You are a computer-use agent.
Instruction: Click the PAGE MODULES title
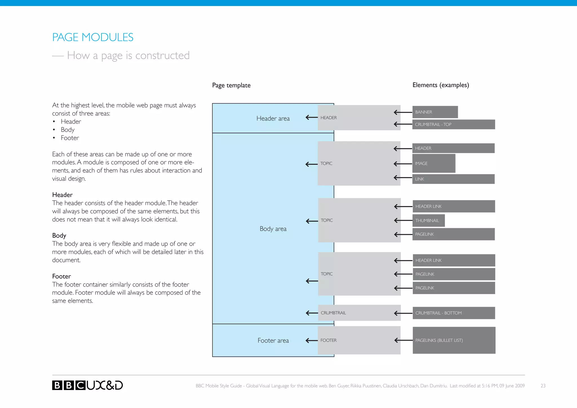[93, 37]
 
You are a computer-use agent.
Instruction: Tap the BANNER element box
[435, 112]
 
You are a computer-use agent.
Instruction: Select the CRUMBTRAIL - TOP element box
[453, 124]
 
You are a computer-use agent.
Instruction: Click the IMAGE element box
[434, 163]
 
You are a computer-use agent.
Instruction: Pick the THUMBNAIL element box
[428, 220]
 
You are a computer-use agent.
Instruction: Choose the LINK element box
[453, 179]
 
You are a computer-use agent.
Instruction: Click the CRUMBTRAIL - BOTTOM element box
[454, 313]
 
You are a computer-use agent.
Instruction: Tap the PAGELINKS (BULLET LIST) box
[454, 340]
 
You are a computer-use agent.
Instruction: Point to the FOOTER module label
[329, 340]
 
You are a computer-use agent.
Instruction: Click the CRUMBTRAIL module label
[333, 313]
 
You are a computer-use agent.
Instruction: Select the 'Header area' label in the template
[273, 118]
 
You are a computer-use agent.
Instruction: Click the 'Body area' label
[273, 229]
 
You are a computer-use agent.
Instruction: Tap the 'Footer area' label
[273, 340]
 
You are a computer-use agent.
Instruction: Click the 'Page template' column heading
[231, 85]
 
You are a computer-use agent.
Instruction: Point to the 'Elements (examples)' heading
[441, 85]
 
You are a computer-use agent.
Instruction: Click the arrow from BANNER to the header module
[403, 112]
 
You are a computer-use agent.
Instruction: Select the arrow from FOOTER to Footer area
[312, 340]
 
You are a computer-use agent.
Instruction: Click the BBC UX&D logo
[87, 385]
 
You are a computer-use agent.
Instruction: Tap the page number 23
[543, 386]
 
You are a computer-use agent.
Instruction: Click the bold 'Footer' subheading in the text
[61, 276]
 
